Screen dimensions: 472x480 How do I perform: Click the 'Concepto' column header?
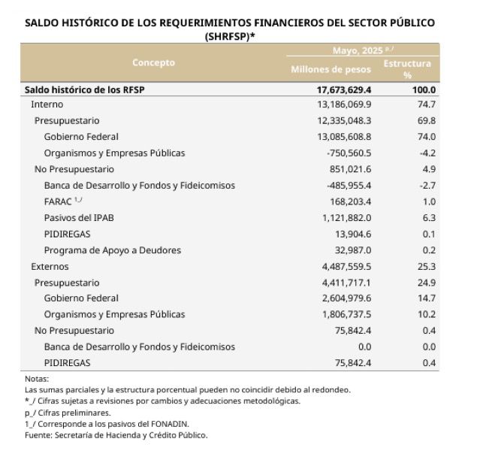(x=153, y=62)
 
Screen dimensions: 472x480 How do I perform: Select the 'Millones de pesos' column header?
(x=331, y=69)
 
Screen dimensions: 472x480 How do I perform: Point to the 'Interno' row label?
(x=47, y=104)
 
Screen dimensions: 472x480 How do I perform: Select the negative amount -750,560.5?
(x=346, y=153)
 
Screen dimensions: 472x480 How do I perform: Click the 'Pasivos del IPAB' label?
(x=79, y=217)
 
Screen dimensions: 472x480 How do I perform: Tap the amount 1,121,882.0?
(x=343, y=217)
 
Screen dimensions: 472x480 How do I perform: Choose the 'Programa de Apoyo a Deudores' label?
(x=113, y=250)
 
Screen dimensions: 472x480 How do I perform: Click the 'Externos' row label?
(x=50, y=266)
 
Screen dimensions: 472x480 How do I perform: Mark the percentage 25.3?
(x=426, y=266)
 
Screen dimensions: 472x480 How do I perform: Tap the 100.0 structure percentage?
(x=424, y=89)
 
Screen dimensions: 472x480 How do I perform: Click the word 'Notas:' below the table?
(x=36, y=379)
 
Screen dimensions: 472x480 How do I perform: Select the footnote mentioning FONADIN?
(x=104, y=423)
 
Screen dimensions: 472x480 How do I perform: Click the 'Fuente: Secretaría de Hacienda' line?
(x=116, y=434)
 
